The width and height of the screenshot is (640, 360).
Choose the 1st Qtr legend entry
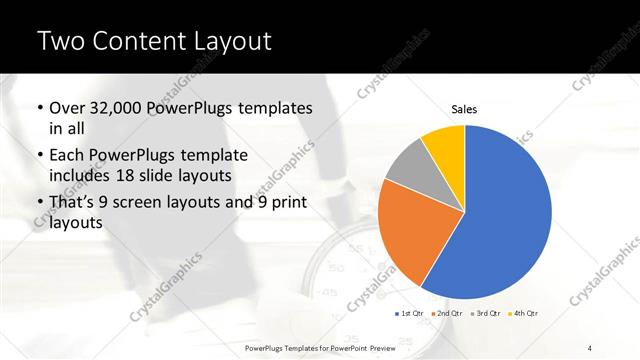410,313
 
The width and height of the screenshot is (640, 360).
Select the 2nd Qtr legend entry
449,313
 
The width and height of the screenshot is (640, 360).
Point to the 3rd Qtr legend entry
487,313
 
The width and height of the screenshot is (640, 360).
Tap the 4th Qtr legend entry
526,313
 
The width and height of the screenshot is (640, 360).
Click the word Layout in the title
231,42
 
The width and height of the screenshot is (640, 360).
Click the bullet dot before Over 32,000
39,108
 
